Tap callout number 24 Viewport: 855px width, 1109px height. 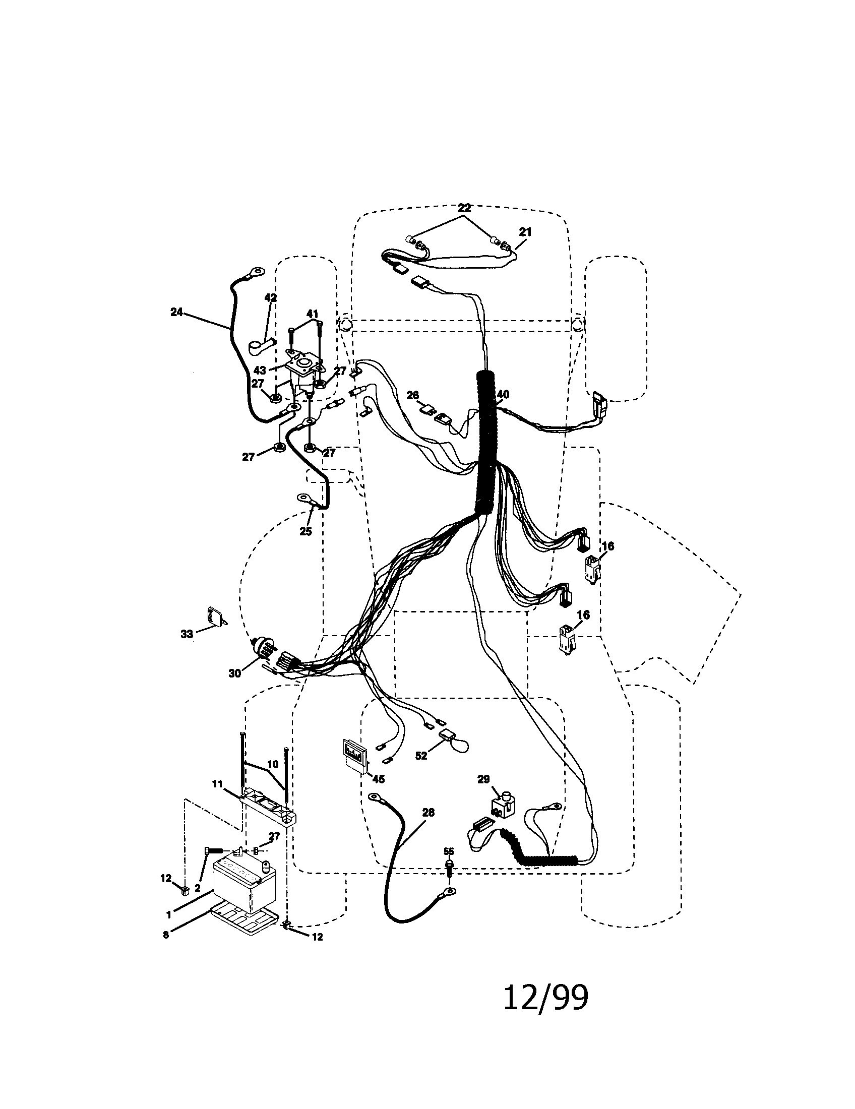tap(176, 313)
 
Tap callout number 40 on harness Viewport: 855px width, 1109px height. tap(503, 395)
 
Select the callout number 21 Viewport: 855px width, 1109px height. tap(525, 231)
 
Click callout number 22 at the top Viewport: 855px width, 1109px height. tap(464, 208)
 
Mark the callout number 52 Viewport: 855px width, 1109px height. tap(421, 770)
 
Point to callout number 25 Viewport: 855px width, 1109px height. tap(305, 532)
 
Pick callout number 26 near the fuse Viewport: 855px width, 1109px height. tap(412, 395)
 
